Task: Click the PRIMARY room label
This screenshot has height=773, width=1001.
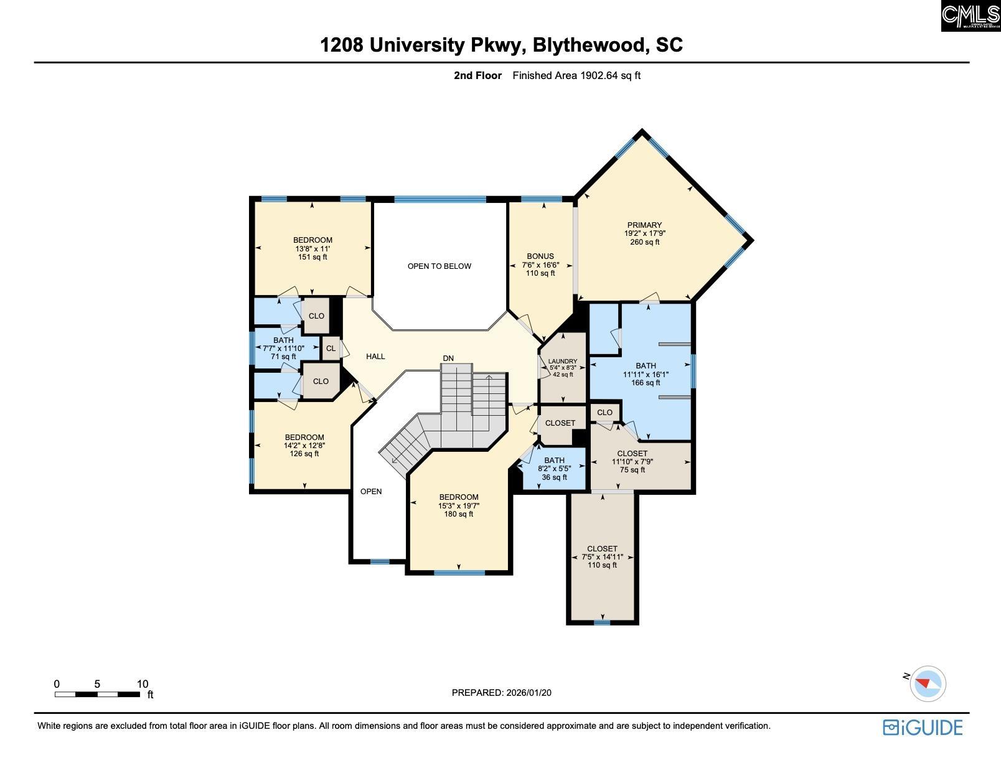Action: pos(644,225)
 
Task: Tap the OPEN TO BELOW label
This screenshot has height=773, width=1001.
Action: pos(439,266)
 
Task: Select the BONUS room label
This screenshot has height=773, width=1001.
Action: pos(540,256)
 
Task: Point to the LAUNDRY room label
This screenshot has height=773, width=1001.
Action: pos(563,362)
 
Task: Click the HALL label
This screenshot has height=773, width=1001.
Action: pos(375,357)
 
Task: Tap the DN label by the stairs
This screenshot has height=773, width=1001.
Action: pos(448,358)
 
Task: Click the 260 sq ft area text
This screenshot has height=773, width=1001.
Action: pos(645,242)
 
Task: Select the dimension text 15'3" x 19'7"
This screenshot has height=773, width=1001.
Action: pos(459,506)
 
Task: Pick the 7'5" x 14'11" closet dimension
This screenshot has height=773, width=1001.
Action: pos(603,557)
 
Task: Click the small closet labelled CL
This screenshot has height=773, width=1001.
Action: pos(331,349)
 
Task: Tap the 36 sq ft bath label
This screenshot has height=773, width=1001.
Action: pos(554,477)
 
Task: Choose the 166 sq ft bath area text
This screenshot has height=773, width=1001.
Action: pos(646,383)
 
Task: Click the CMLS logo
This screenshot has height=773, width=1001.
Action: pos(970,16)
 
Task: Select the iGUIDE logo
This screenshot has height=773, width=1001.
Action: pos(923,728)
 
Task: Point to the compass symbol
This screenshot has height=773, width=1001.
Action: pos(927,683)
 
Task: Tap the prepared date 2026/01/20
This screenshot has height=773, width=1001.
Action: pos(529,693)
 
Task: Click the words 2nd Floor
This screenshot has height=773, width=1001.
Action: pos(477,75)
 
